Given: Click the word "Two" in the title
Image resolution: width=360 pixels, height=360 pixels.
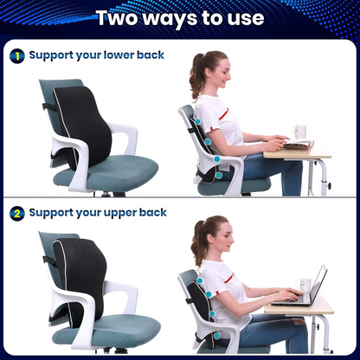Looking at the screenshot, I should click(x=120, y=18).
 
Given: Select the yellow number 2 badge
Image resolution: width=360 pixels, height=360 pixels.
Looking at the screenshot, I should click(x=16, y=212).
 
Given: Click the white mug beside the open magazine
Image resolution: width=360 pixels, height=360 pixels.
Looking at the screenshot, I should click(x=299, y=132).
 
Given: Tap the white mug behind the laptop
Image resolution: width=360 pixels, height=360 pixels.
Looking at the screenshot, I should click(x=305, y=285).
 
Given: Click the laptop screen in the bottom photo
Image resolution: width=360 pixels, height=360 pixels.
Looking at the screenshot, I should click(x=317, y=284).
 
